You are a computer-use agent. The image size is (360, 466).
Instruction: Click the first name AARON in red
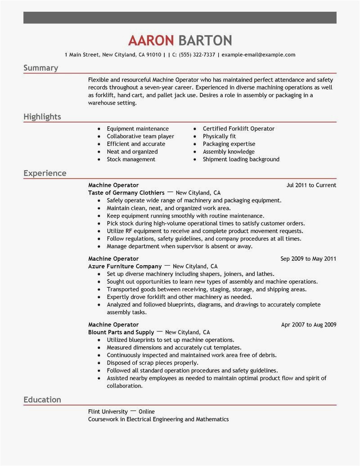(151, 41)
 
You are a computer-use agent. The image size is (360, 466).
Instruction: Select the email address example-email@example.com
(258, 55)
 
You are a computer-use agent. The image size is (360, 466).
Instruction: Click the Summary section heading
(40, 68)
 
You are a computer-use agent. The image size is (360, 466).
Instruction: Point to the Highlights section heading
(42, 117)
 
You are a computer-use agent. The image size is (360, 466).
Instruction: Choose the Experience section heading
(45, 173)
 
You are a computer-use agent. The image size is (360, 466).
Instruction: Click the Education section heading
(42, 400)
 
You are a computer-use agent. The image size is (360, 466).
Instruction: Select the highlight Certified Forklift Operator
(238, 129)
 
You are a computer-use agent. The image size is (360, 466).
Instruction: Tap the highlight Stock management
(130, 159)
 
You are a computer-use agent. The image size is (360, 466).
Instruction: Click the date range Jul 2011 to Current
(311, 185)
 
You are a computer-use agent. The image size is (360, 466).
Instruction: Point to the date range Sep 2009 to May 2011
(308, 259)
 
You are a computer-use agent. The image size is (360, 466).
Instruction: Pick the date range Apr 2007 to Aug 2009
(308, 325)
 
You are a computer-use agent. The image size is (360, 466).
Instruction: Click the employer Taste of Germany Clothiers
(120, 193)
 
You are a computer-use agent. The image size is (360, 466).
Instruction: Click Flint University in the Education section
(108, 412)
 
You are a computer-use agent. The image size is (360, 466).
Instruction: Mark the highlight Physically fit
(219, 136)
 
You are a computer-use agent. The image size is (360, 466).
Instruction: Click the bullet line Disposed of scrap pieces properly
(153, 362)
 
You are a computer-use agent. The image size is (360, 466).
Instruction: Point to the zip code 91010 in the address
(153, 55)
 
